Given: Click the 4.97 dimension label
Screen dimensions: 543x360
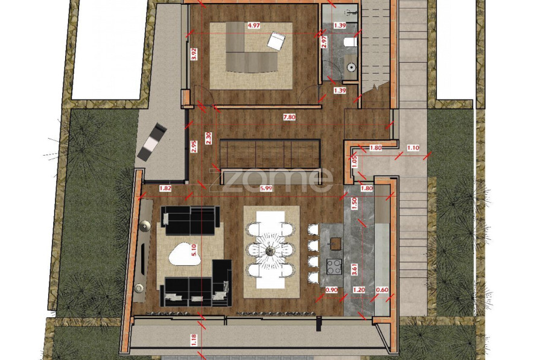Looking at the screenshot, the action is point(254,25).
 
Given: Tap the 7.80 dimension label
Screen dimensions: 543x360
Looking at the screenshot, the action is point(289,118).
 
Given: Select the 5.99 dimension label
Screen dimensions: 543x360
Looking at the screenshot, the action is point(266,189).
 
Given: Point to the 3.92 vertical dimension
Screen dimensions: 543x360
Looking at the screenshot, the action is point(194,54).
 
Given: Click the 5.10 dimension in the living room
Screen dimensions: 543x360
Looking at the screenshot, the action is point(194,250).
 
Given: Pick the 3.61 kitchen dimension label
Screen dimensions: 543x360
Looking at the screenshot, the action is point(354,269).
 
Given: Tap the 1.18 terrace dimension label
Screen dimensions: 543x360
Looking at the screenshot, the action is point(194,339).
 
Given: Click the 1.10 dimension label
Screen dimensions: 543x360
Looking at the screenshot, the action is point(413,148).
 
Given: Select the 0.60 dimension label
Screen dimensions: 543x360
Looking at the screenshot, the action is point(382,290).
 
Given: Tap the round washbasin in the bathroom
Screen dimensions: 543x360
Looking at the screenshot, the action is point(352,67).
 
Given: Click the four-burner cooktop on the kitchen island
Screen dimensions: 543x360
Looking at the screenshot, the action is point(334,267).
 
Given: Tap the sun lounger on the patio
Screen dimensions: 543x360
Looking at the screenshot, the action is point(151,141).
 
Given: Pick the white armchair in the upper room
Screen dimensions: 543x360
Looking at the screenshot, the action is point(276,41).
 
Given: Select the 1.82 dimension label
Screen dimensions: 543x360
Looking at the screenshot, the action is point(165,189).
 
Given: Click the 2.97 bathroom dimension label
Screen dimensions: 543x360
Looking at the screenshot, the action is point(324,42).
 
